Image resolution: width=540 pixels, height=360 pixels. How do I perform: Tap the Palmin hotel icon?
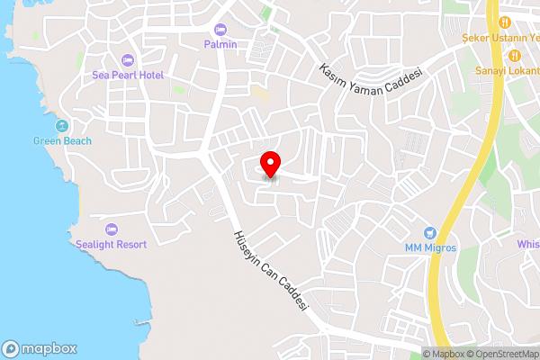pos(220,30)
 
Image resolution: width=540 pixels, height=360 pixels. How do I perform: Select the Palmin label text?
pos(220,44)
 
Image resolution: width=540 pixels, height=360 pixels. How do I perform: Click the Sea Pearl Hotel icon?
pos(127,60)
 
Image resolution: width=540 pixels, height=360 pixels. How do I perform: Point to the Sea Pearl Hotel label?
pos(128,76)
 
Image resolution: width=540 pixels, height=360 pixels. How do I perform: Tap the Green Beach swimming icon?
pos(62,126)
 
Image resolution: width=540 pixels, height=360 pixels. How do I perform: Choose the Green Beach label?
pos(62,140)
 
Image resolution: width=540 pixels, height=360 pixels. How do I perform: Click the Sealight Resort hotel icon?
pos(112,229)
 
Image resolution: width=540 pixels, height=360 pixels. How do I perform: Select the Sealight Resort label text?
pos(112,244)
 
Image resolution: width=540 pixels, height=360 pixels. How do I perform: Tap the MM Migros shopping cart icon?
pos(430,232)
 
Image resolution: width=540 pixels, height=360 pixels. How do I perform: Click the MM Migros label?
pos(430,247)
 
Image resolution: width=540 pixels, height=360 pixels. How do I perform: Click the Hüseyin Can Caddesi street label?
pos(270,270)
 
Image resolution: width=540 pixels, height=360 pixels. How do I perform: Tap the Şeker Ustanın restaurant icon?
pos(505,22)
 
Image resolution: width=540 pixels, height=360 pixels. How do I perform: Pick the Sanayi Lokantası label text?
pos(509,71)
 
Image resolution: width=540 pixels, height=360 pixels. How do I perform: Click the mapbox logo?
pos(39,348)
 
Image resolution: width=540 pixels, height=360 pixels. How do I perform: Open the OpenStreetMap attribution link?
pos(500,354)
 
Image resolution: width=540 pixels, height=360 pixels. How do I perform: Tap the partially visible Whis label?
pos(528,244)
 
